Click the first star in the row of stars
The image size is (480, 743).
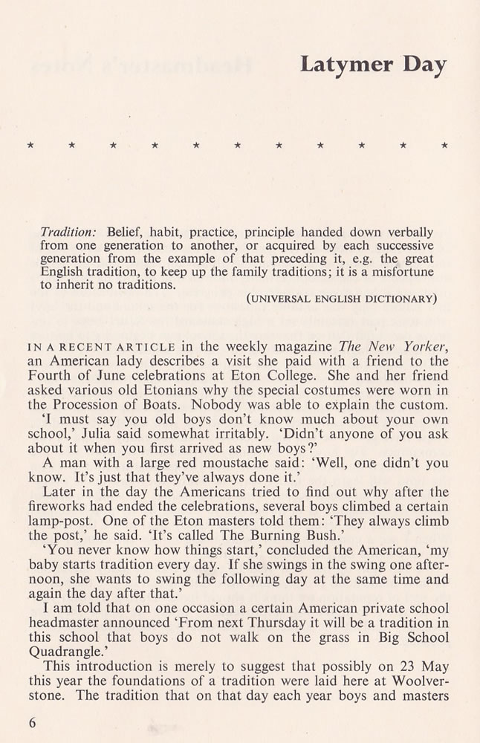click(x=30, y=146)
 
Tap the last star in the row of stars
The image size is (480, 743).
click(x=444, y=146)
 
